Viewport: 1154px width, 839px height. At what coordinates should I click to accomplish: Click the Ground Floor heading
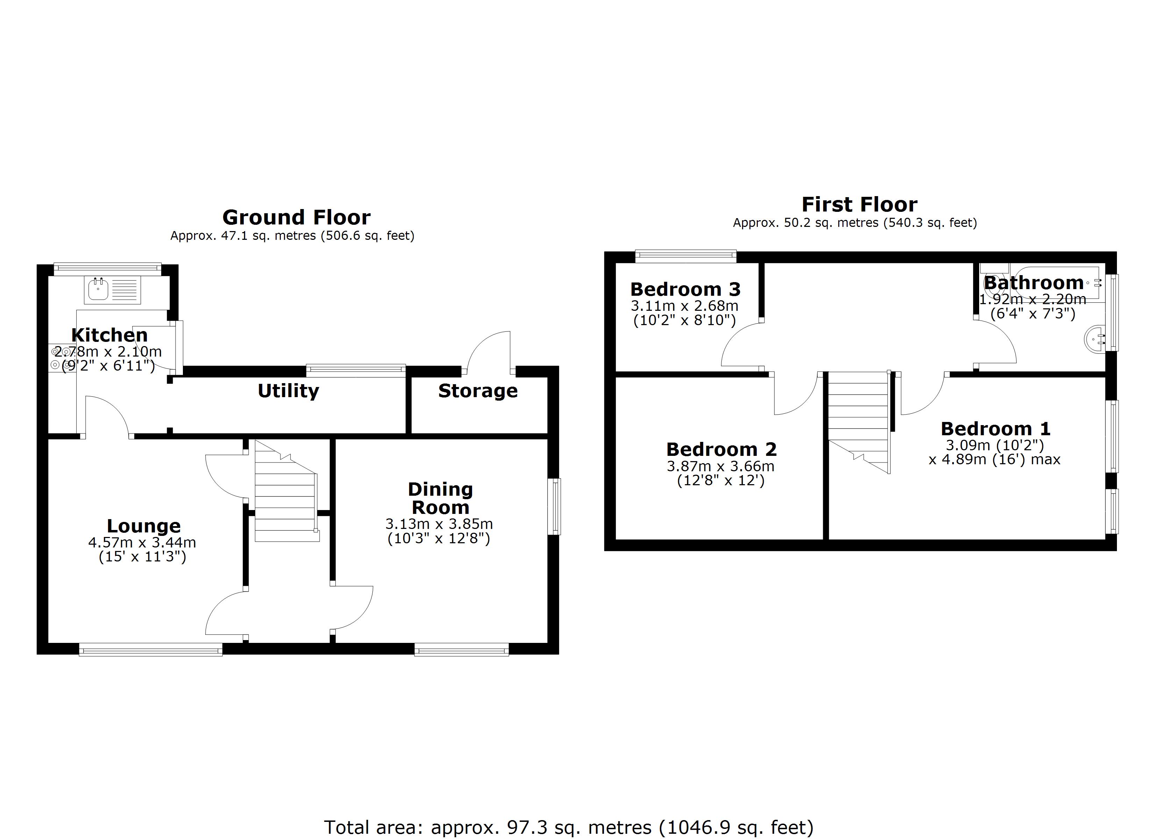tap(296, 218)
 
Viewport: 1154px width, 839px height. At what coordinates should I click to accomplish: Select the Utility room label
tap(288, 391)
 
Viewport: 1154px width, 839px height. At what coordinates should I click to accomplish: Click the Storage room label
tap(477, 391)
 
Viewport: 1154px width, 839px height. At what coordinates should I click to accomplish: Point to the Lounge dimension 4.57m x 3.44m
tap(142, 542)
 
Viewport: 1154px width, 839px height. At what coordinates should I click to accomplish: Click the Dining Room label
tap(440, 498)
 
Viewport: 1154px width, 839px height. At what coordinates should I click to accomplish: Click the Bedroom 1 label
tap(995, 429)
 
